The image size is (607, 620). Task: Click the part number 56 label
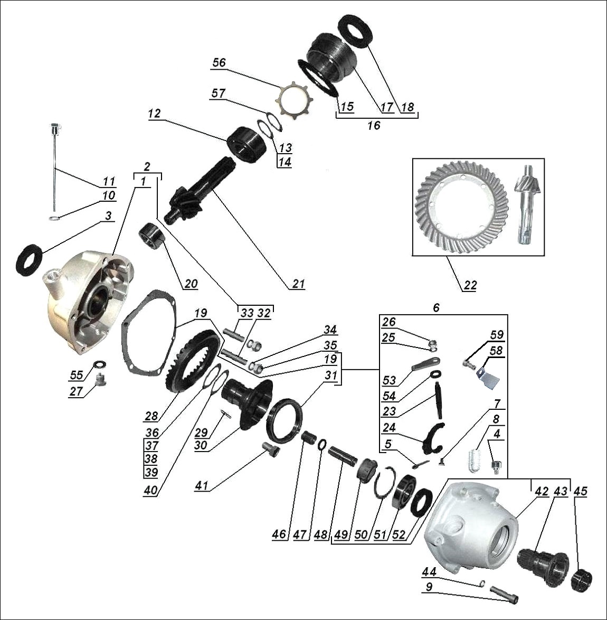tap(219, 62)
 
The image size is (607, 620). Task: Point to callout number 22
tap(470, 285)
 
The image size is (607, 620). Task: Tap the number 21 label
tap(298, 284)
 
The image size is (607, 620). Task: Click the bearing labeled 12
tap(246, 144)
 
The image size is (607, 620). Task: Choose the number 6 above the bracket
tap(436, 308)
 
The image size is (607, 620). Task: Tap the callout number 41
tap(201, 485)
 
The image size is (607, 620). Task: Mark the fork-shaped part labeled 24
tap(433, 439)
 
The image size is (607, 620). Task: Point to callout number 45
tap(581, 491)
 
